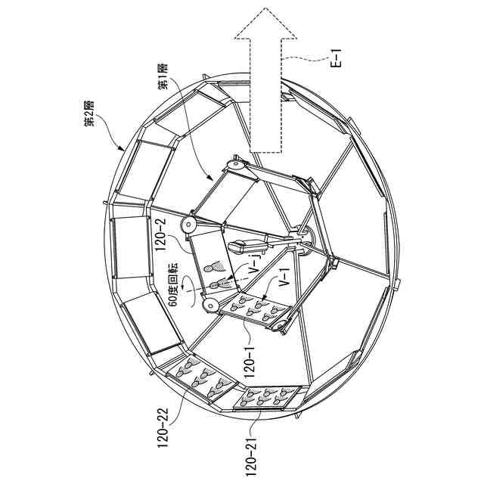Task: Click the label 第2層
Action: click(89, 113)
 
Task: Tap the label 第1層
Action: click(163, 76)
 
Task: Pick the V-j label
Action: click(256, 262)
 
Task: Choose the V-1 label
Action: click(285, 278)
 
